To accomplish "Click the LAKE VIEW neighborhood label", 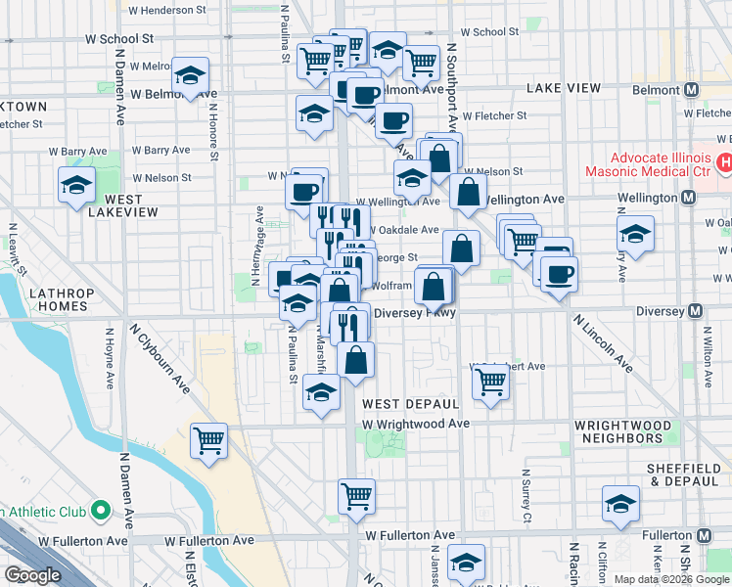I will (563, 88).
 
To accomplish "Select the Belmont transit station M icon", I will (692, 90).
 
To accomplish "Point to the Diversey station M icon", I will (695, 311).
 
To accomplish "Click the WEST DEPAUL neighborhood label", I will (410, 404).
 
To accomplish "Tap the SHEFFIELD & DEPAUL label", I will (683, 475).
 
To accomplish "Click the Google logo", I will (32, 575).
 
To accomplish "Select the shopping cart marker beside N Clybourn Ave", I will (209, 441).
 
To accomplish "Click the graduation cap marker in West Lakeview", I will (74, 184).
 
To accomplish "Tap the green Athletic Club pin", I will (100, 511).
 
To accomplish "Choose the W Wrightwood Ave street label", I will (416, 424).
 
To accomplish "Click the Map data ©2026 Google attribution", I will (671, 579).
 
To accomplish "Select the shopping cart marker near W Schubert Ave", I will (490, 382).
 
